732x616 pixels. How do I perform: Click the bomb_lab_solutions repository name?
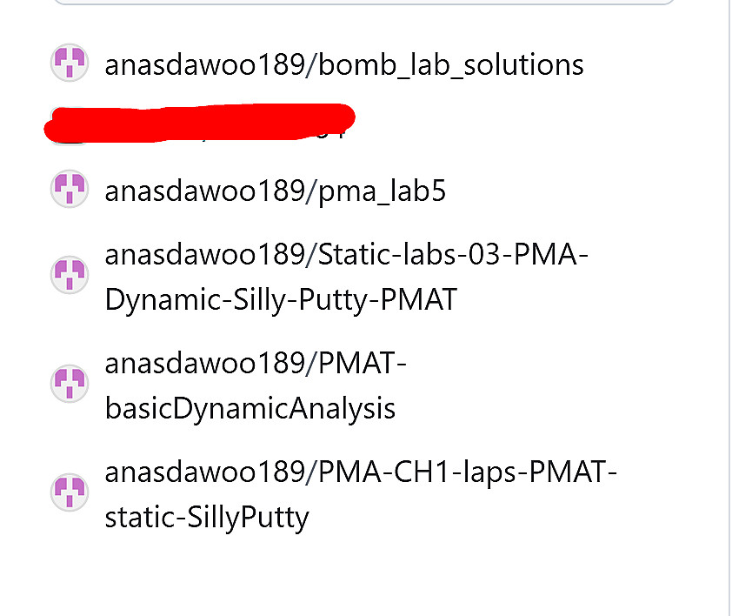pos(452,64)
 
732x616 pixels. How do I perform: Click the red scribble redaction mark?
pos(199,122)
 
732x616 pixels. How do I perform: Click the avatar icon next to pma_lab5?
pos(70,189)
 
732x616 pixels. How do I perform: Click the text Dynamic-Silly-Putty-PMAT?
pos(280,299)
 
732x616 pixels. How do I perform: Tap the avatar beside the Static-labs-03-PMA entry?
pos(70,274)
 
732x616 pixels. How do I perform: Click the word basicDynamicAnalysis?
pos(250,407)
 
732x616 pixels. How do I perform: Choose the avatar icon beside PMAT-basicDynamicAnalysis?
pos(70,382)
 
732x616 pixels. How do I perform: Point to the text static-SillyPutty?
pos(207,518)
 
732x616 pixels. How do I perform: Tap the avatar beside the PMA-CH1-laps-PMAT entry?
pos(70,492)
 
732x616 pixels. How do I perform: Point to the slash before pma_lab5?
pos(312,191)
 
